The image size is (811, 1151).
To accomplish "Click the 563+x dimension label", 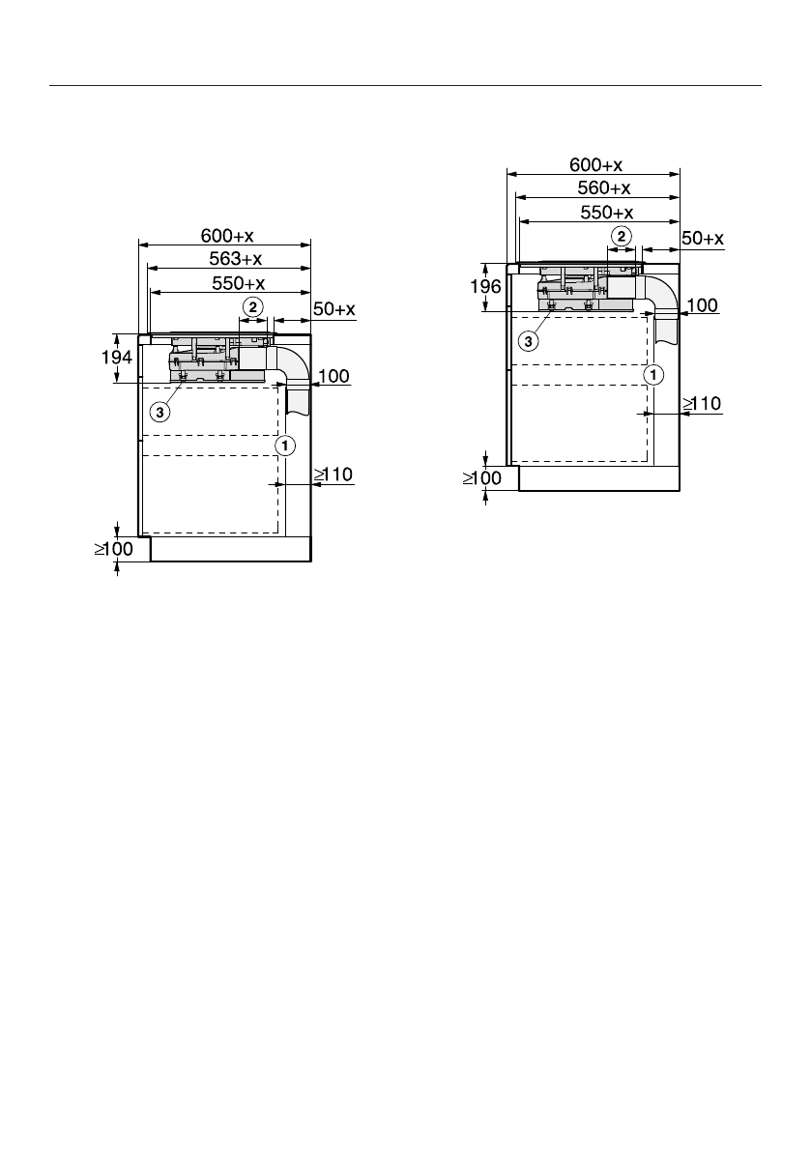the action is point(236,258).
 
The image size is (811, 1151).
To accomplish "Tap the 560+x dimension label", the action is point(604,187).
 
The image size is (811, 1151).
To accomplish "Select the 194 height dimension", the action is point(117,358).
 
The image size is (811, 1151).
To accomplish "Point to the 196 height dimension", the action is point(486,286).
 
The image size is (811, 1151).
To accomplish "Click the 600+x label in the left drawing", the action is point(227,236).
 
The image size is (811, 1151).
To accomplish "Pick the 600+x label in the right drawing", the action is point(596,164).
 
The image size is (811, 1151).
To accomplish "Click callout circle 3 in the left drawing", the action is point(159,412).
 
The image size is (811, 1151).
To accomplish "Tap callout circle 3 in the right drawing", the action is point(528,340).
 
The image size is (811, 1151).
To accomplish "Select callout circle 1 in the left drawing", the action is point(285,446).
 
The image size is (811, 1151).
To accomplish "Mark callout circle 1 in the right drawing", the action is point(653,375).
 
